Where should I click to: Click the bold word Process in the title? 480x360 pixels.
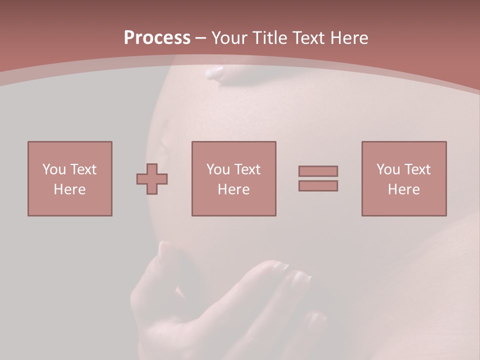point(157,37)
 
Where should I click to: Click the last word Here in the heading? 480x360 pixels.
point(350,37)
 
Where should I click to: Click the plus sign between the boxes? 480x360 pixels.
point(152,178)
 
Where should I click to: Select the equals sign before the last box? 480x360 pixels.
point(318,178)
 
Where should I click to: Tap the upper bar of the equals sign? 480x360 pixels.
point(318,171)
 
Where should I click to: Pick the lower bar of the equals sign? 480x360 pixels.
point(318,185)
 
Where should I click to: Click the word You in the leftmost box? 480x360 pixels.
point(53,169)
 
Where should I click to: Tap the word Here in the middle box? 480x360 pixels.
point(233,189)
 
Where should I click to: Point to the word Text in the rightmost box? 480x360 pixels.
point(417,169)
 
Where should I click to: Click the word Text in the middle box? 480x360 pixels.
point(247,169)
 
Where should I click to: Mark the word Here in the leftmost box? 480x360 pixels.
point(70,189)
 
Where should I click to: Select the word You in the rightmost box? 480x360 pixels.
point(387,169)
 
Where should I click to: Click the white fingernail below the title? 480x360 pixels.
point(215,73)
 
